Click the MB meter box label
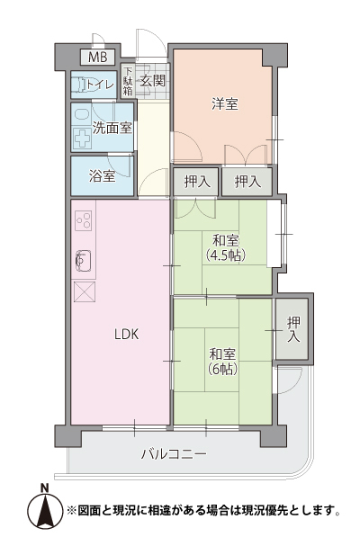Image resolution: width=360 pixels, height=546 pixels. click(x=97, y=57)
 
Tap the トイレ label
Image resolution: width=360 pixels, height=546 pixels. click(x=101, y=85)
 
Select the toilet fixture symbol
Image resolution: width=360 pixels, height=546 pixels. click(x=80, y=85)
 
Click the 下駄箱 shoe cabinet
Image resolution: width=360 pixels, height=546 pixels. click(x=128, y=81)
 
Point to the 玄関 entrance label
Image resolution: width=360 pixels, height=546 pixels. click(x=152, y=81)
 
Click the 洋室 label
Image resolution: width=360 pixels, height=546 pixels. click(x=225, y=104)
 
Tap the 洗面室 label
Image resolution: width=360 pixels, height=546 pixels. click(x=112, y=129)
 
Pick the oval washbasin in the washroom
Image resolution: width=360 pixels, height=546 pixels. click(x=82, y=115)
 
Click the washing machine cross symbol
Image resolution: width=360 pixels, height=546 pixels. click(x=83, y=139)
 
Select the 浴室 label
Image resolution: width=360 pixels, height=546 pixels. click(x=102, y=176)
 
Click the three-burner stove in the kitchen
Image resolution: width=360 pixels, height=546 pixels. click(x=84, y=220)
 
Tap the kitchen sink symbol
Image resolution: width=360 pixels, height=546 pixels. click(x=83, y=260)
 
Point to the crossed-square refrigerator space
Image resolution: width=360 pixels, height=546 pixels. click(x=85, y=291)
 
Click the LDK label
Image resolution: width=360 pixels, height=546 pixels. click(x=127, y=335)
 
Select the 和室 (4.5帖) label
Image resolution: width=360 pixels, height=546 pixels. click(x=226, y=248)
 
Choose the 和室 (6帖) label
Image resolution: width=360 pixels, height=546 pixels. click(x=222, y=363)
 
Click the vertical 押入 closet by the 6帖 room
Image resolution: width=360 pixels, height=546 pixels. click(x=292, y=328)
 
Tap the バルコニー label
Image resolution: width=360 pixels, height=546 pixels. click(x=174, y=454)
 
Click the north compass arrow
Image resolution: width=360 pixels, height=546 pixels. click(x=44, y=509)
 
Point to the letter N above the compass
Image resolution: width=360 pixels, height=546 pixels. click(x=44, y=488)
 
